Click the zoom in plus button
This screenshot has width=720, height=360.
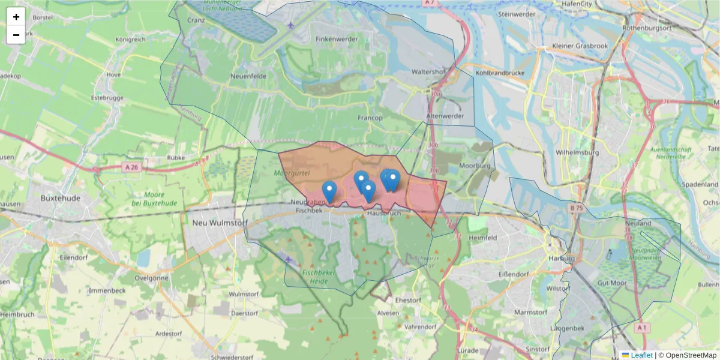point(16,16)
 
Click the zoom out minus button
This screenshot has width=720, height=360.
point(16,35)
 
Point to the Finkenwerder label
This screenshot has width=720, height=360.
point(337,39)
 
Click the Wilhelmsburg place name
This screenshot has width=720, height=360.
point(578,152)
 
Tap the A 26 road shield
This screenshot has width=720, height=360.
point(132,167)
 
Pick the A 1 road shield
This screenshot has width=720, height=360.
point(642,328)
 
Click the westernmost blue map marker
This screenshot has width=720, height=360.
point(329,191)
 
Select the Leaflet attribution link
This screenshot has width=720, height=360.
point(641,355)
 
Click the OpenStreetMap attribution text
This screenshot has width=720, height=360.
point(688,355)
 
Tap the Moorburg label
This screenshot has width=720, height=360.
point(475,166)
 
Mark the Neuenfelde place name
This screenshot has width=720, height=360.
point(248,77)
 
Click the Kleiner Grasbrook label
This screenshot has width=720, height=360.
point(580,46)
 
